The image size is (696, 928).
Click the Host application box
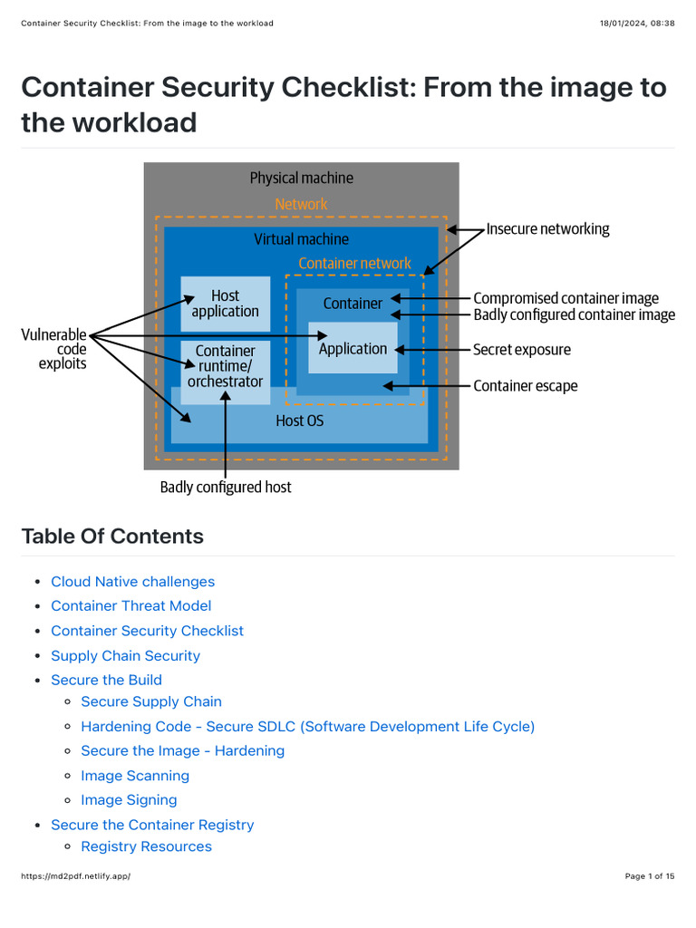(225, 304)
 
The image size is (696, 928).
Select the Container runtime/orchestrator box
(225, 366)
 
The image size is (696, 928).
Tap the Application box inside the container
(353, 349)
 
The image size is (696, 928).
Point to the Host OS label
(299, 421)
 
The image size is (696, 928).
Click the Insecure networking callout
(547, 229)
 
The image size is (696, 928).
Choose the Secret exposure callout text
(522, 350)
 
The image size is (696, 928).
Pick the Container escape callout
(525, 386)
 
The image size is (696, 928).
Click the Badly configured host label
(226, 488)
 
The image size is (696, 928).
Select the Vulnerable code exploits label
(54, 349)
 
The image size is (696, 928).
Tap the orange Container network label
(354, 264)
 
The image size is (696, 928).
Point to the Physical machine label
(301, 179)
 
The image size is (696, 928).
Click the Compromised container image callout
(565, 298)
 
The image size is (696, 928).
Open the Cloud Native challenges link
(132, 582)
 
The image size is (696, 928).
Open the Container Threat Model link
(130, 605)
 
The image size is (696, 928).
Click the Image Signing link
(129, 800)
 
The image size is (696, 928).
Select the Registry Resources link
(146, 846)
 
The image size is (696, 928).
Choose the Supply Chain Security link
(125, 655)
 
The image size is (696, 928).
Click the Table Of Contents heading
(112, 536)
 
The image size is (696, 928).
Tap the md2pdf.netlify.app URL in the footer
(75, 876)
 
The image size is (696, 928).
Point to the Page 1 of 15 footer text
(649, 876)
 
